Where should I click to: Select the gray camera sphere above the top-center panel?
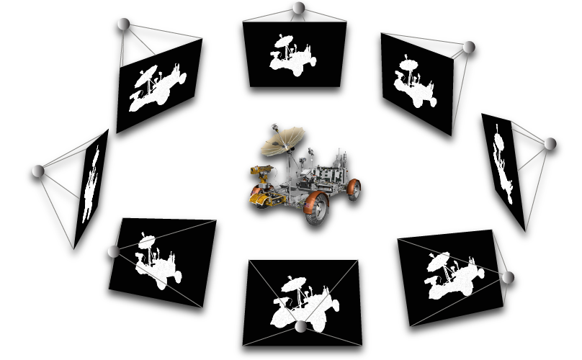[299, 8]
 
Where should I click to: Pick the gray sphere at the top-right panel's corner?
[469, 48]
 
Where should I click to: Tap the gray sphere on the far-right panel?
[550, 144]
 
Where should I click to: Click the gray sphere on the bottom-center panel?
[301, 327]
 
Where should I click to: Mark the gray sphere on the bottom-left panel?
[113, 251]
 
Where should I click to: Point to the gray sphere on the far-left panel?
[38, 171]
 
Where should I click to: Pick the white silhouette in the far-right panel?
[503, 169]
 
